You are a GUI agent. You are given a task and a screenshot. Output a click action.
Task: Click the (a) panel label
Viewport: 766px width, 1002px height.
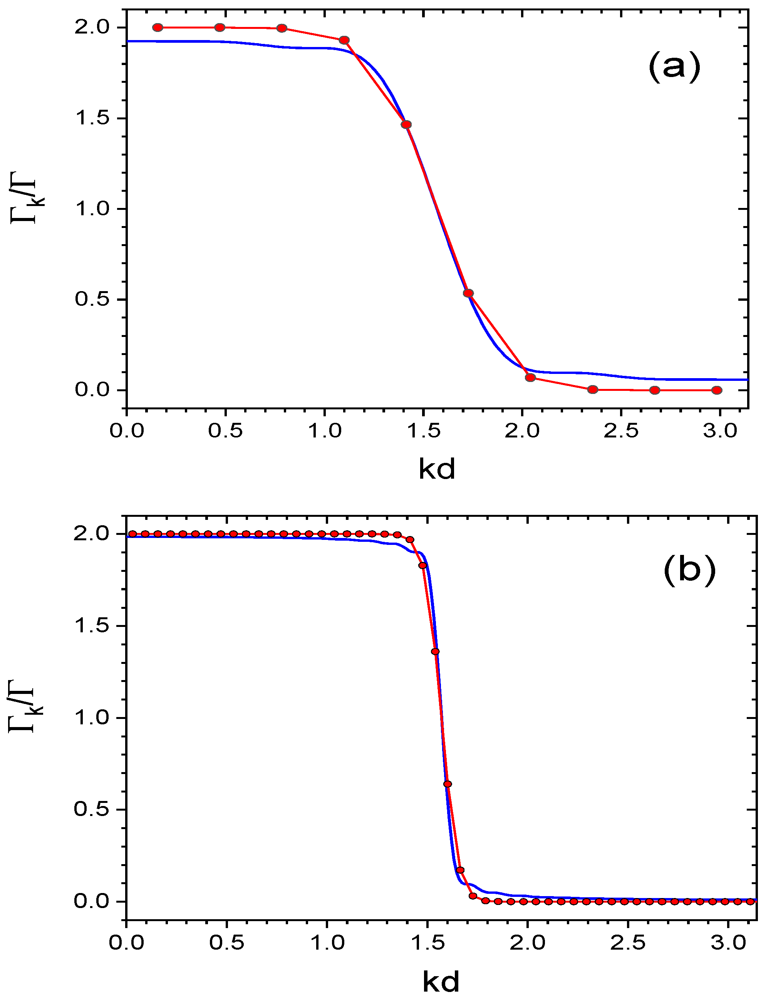click(674, 67)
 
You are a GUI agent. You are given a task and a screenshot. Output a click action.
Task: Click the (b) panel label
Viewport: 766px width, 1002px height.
click(689, 570)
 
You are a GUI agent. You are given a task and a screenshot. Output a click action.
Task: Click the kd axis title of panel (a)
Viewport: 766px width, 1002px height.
click(437, 469)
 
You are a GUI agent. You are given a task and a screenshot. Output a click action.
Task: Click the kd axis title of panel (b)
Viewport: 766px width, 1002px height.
click(441, 982)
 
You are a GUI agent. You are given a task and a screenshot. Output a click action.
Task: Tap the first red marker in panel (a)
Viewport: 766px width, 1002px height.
click(158, 27)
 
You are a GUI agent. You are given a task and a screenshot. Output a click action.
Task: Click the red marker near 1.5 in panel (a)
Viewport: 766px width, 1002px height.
click(406, 124)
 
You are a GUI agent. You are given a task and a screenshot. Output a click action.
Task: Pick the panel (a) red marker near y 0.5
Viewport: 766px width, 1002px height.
click(468, 293)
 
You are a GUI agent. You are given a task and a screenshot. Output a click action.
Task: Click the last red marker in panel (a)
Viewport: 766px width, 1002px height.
click(717, 390)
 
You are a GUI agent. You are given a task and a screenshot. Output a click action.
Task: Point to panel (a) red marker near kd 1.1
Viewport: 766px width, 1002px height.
click(344, 40)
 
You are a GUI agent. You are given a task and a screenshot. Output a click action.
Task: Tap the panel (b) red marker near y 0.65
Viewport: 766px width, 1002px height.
click(448, 784)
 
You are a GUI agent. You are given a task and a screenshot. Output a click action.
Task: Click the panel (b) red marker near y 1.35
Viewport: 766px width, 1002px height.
click(435, 652)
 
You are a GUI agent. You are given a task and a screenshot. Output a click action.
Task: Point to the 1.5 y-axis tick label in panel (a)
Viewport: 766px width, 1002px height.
click(92, 118)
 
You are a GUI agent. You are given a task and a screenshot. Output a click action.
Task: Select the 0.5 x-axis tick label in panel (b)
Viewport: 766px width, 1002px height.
click(226, 943)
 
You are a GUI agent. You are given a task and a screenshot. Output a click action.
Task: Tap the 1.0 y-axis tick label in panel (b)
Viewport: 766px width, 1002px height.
click(91, 717)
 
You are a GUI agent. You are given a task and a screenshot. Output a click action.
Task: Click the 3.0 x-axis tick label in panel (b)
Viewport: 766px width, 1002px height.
click(728, 943)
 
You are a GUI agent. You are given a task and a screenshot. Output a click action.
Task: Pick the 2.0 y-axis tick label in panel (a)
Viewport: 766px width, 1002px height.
click(92, 27)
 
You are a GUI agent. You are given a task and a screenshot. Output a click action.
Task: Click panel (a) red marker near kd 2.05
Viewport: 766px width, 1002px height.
click(530, 377)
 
